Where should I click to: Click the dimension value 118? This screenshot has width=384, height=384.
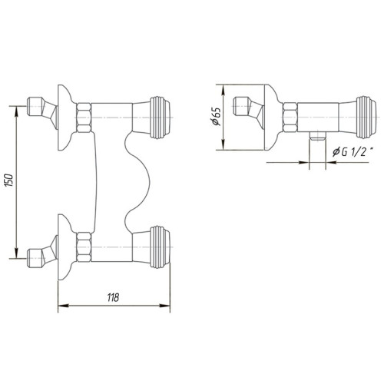pyautogui.click(x=114, y=298)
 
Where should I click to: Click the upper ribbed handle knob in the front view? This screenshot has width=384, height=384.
pyautogui.click(x=159, y=117)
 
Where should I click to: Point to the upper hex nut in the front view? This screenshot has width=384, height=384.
pyautogui.click(x=84, y=117)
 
